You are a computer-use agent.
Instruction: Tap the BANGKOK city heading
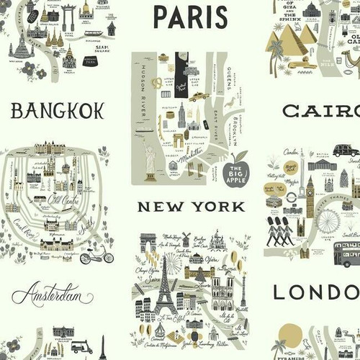click(58, 110)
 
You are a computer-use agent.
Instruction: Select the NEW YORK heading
click(192, 207)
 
